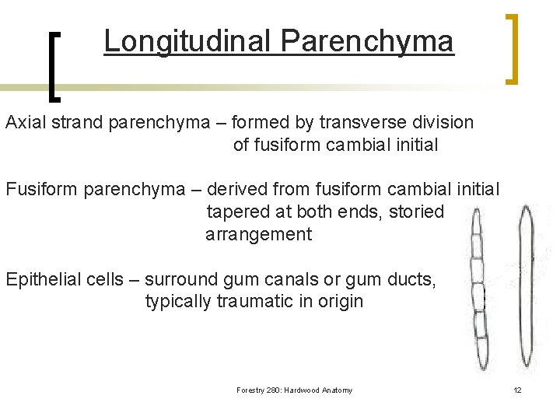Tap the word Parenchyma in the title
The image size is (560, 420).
[x=367, y=41]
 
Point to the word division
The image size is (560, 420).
[x=442, y=122]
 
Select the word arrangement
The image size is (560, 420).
[x=258, y=234]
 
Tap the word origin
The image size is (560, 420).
[x=337, y=301]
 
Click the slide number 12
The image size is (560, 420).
[x=517, y=390]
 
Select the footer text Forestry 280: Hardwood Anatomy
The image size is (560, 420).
[x=294, y=390]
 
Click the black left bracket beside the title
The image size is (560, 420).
[x=54, y=66]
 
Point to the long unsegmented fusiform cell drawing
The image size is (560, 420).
[x=527, y=288]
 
